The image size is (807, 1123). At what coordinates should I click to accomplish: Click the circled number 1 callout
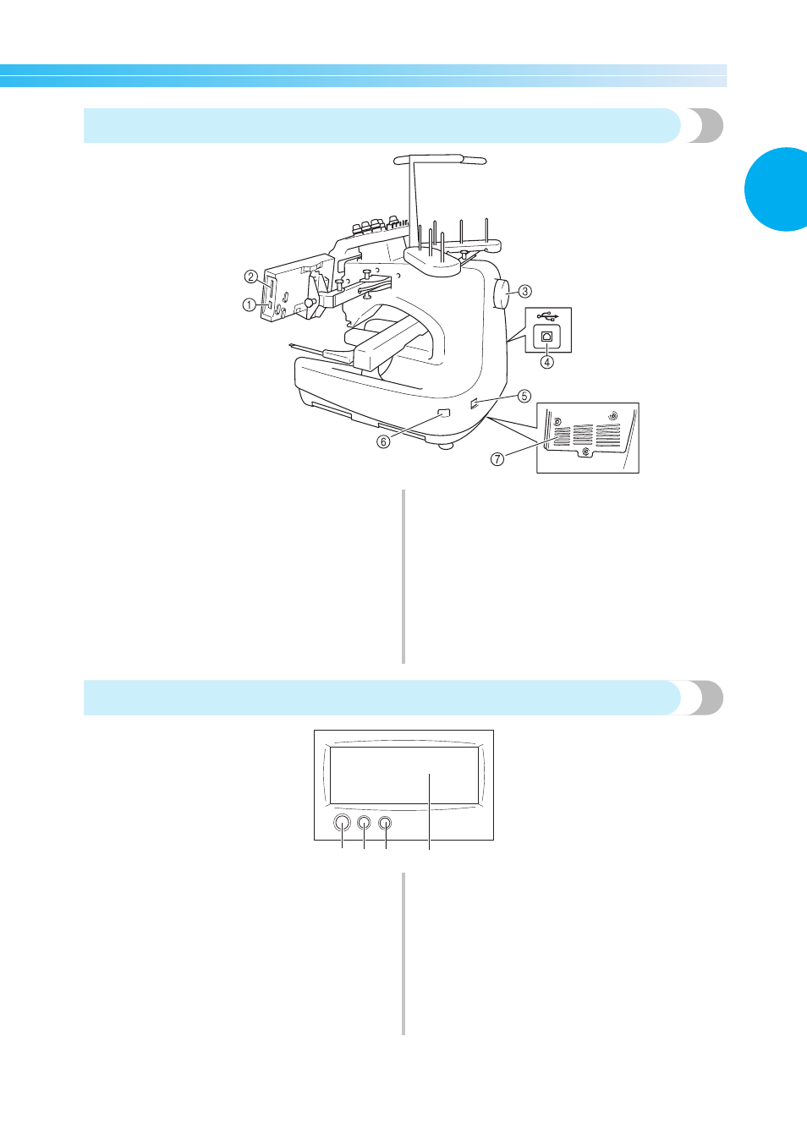point(250,304)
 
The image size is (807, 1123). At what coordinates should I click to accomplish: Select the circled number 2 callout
point(251,277)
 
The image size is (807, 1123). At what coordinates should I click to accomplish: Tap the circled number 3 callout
point(524,291)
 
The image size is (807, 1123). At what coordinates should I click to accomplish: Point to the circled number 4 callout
point(547,361)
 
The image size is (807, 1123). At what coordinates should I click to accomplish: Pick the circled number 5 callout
point(524,396)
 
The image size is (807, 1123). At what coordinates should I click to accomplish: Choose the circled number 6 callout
point(383,441)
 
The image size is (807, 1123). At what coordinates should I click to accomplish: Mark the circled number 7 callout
point(497,458)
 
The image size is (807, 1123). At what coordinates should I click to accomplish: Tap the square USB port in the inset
point(547,336)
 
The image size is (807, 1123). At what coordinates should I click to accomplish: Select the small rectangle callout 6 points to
point(444,414)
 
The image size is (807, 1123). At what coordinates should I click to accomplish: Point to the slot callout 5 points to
point(474,402)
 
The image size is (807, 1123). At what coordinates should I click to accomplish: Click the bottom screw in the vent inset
point(585,451)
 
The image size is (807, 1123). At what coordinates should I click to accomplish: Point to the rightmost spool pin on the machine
point(486,231)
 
